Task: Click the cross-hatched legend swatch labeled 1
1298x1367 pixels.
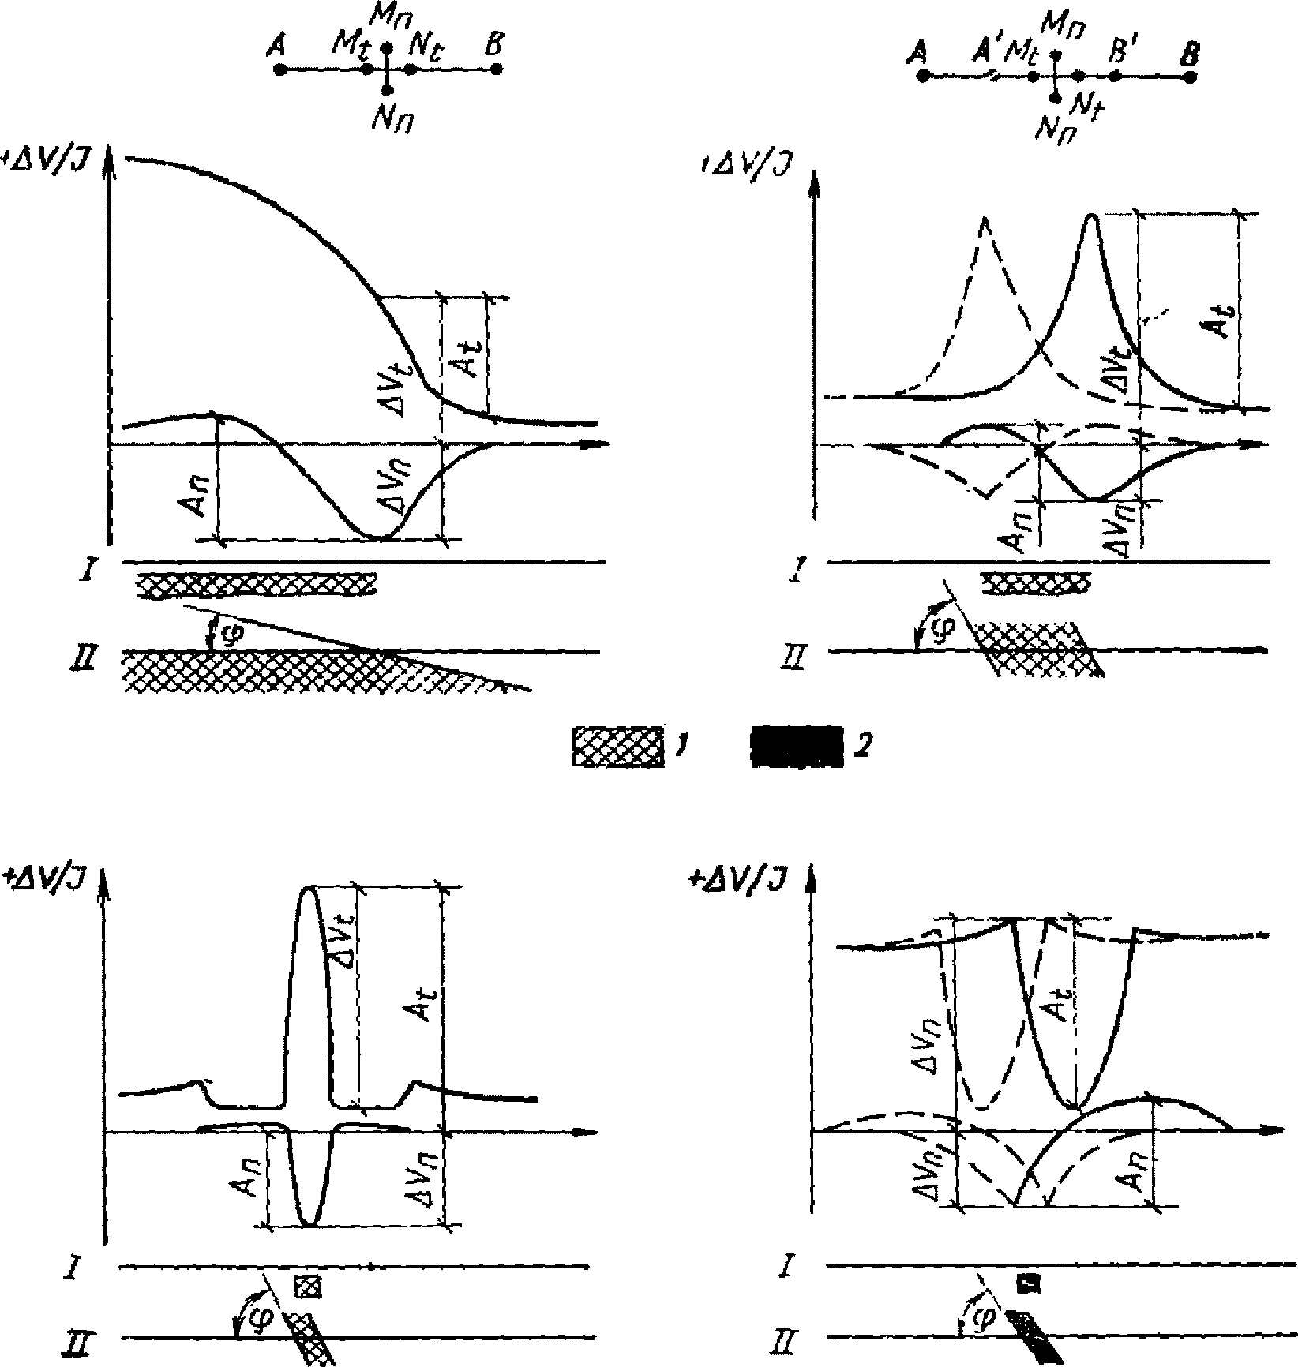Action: coord(618,746)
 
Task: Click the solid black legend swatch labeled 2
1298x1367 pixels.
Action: coord(793,746)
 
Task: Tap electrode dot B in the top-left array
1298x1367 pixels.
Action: coord(496,69)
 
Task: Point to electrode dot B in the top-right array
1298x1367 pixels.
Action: coord(1191,77)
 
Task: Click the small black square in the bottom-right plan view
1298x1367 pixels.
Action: coord(1027,1284)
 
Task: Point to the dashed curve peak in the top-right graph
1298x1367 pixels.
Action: coord(985,219)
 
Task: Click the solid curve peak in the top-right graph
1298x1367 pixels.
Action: coord(1092,215)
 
